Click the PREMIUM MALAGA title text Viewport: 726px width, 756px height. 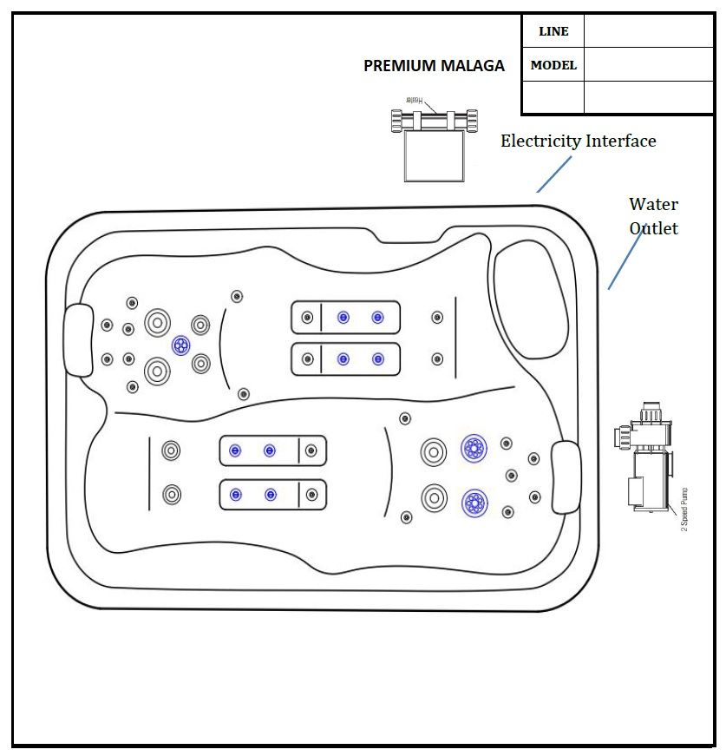434,66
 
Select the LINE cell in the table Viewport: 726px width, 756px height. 553,31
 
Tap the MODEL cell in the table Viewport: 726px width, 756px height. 553,65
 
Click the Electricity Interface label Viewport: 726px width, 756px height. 578,141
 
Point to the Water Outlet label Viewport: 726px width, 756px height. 653,216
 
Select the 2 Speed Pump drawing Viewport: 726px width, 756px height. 645,460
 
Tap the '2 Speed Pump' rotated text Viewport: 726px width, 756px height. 684,509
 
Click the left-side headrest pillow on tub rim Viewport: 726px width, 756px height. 78,341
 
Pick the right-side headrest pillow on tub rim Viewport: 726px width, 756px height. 565,477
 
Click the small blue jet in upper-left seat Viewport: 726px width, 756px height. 180,345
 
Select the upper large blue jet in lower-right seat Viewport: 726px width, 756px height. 474,449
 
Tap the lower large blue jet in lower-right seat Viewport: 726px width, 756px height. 474,502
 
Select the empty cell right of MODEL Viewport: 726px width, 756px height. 648,65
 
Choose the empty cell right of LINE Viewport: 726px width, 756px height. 648,31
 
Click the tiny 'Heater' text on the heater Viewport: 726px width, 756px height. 417,100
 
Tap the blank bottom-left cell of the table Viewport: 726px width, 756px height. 553,97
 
